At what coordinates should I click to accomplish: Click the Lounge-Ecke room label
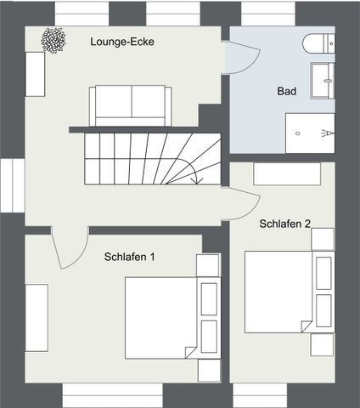122,42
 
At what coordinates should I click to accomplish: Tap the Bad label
287,91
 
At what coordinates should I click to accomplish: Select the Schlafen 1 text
130,257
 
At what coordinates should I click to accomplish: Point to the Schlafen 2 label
285,224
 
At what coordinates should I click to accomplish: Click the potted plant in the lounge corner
53,40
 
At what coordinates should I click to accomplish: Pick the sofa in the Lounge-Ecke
130,105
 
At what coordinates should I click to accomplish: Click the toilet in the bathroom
318,43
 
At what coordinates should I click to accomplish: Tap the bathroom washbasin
323,81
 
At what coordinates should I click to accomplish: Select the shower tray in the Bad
310,133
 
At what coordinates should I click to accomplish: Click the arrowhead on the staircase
197,180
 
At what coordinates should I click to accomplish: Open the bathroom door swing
244,58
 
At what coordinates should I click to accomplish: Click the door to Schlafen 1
70,247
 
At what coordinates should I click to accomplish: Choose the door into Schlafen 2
244,203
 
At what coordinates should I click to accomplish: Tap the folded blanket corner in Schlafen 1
190,352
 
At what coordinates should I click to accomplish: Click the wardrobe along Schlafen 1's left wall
37,318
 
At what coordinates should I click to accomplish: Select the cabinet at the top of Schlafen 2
287,174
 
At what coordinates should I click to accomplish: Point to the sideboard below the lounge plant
35,74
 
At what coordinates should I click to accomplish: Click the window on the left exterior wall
13,185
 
